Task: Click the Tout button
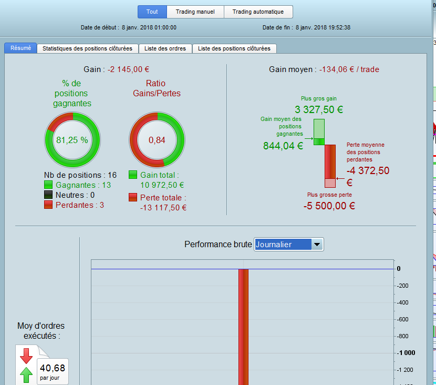click(x=152, y=12)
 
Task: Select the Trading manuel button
click(x=195, y=12)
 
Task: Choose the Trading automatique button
click(x=258, y=12)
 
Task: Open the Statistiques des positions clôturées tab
click(x=87, y=48)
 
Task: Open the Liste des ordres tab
click(x=165, y=48)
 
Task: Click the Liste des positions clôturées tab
click(x=234, y=48)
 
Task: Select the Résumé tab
click(x=20, y=48)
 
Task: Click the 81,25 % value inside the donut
click(x=72, y=140)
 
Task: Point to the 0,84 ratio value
click(x=157, y=140)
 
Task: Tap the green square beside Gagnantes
click(x=48, y=185)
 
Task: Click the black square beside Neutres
click(x=48, y=195)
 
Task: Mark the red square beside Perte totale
click(x=133, y=197)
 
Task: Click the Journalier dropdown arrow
click(x=317, y=245)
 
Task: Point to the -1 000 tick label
click(x=406, y=353)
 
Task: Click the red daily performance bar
click(x=243, y=327)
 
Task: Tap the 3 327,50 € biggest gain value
click(x=319, y=109)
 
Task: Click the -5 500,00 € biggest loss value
click(x=329, y=206)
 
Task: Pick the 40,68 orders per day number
click(x=53, y=368)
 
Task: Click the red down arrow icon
click(x=26, y=356)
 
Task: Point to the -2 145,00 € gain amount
click(x=129, y=69)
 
